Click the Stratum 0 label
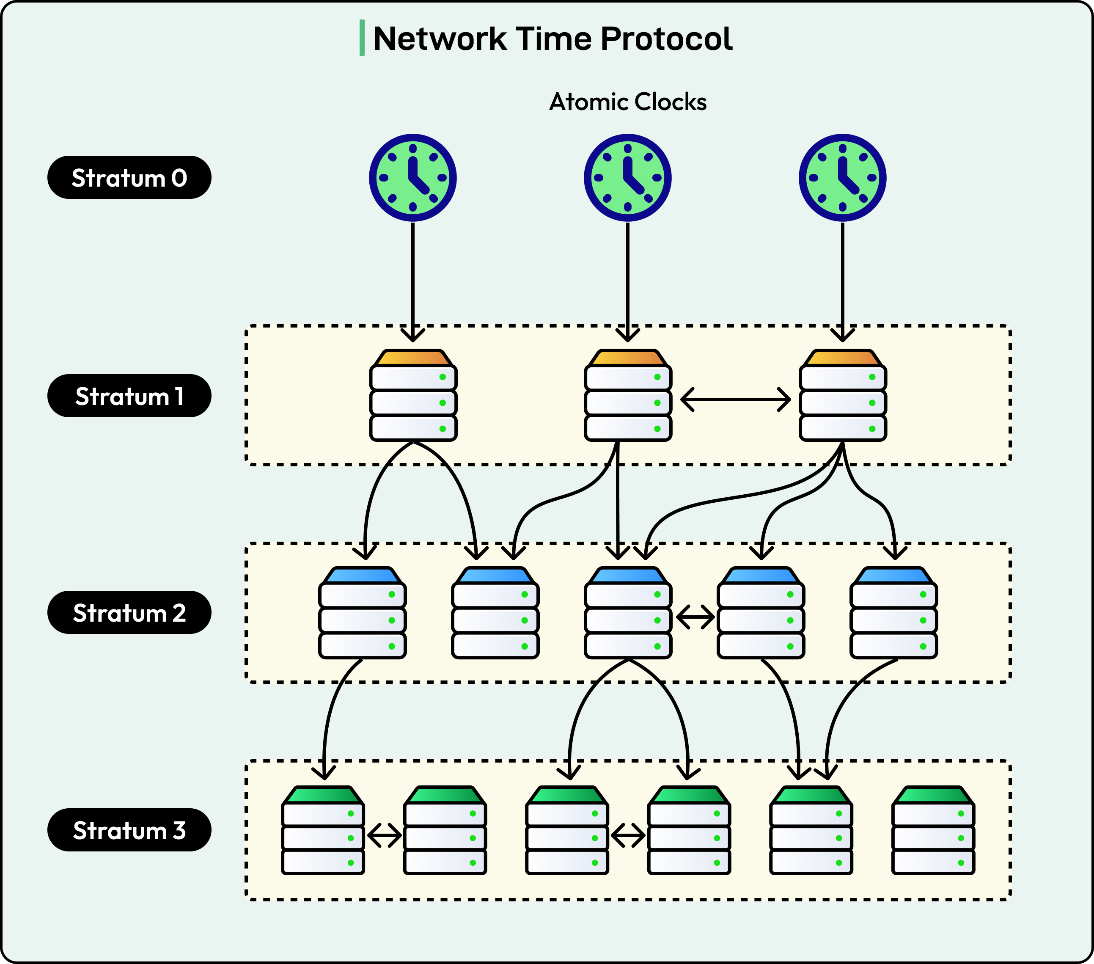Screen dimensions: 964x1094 coord(129,178)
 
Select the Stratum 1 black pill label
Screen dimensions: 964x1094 coord(129,396)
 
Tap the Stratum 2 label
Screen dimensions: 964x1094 coord(129,613)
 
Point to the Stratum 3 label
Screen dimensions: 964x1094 coord(129,830)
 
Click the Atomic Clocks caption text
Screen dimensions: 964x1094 coord(628,102)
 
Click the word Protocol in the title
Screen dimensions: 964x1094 coord(666,39)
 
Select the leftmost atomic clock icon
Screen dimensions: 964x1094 coord(412,178)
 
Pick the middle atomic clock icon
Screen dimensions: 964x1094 coord(627,178)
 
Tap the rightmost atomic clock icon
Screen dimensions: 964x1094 coord(842,178)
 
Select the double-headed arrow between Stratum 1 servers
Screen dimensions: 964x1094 coord(735,399)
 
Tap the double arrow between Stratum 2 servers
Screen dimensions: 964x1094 coord(695,617)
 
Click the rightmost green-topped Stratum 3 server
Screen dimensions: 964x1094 coord(933,831)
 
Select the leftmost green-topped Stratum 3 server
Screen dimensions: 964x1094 coord(323,831)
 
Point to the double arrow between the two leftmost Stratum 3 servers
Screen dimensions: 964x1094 coord(384,835)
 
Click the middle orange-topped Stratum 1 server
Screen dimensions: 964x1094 coord(628,396)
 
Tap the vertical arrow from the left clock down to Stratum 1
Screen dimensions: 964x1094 coord(412,278)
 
